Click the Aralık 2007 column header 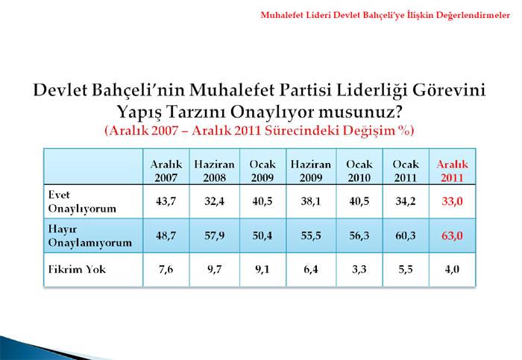click(x=166, y=171)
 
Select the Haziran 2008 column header click(x=215, y=171)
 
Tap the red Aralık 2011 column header click(x=452, y=171)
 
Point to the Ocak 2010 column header click(x=359, y=171)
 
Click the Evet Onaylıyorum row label click(x=82, y=202)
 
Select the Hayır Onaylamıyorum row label click(x=90, y=236)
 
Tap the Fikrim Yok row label click(x=77, y=269)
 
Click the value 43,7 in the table click(x=166, y=201)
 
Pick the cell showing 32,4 click(x=215, y=201)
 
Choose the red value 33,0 click(x=452, y=201)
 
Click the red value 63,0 click(x=452, y=236)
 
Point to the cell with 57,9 click(x=215, y=236)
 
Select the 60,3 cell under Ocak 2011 click(x=406, y=236)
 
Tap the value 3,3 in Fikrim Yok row click(x=359, y=269)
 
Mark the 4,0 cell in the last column click(x=452, y=269)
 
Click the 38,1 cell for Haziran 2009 click(x=311, y=201)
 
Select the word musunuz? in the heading click(x=360, y=112)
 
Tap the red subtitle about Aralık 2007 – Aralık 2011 click(x=260, y=130)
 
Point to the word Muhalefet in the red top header click(x=279, y=15)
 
